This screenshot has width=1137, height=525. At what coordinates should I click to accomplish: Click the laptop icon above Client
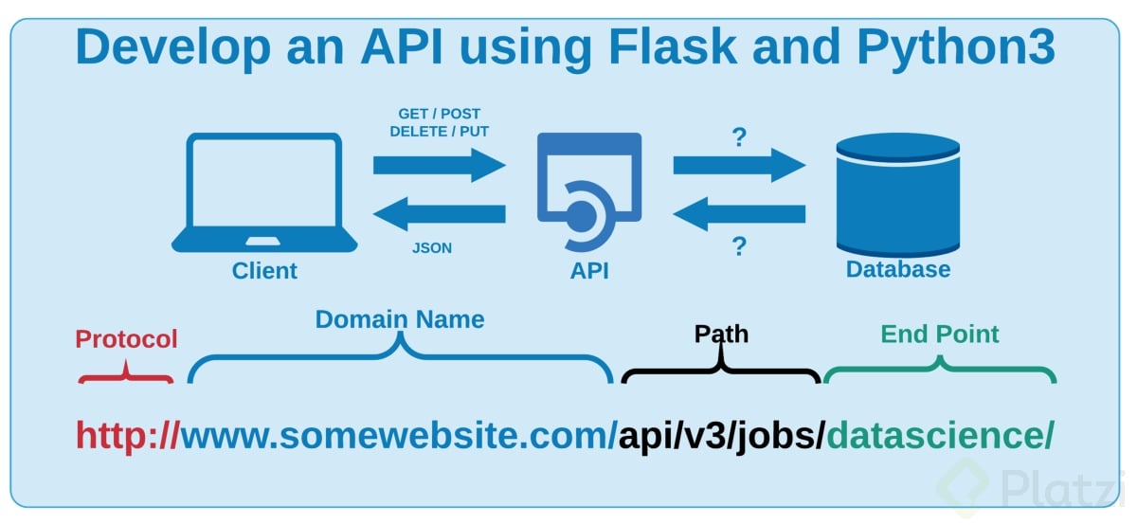pyautogui.click(x=264, y=192)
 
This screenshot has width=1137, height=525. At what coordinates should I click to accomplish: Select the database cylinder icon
pyautogui.click(x=897, y=192)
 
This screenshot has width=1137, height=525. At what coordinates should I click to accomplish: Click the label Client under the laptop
pyautogui.click(x=264, y=271)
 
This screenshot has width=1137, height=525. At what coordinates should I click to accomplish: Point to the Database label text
pyautogui.click(x=897, y=270)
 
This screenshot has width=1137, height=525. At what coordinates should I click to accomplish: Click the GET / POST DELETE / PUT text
pyautogui.click(x=439, y=123)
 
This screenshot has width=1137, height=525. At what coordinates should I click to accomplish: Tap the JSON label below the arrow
pyautogui.click(x=432, y=248)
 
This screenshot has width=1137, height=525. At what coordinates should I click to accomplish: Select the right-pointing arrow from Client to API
pyautogui.click(x=440, y=165)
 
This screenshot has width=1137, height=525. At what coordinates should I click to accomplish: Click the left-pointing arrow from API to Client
pyautogui.click(x=439, y=213)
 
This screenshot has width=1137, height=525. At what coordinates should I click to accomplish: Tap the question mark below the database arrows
pyautogui.click(x=739, y=248)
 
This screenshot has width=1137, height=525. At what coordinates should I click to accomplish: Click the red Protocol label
pyautogui.click(x=126, y=339)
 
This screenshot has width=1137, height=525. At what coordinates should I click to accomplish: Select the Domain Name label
pyautogui.click(x=400, y=319)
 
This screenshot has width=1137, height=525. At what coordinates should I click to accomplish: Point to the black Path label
pyautogui.click(x=721, y=335)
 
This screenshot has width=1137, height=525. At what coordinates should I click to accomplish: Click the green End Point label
pyautogui.click(x=940, y=335)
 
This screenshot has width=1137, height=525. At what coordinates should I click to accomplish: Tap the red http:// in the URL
pyautogui.click(x=128, y=436)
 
